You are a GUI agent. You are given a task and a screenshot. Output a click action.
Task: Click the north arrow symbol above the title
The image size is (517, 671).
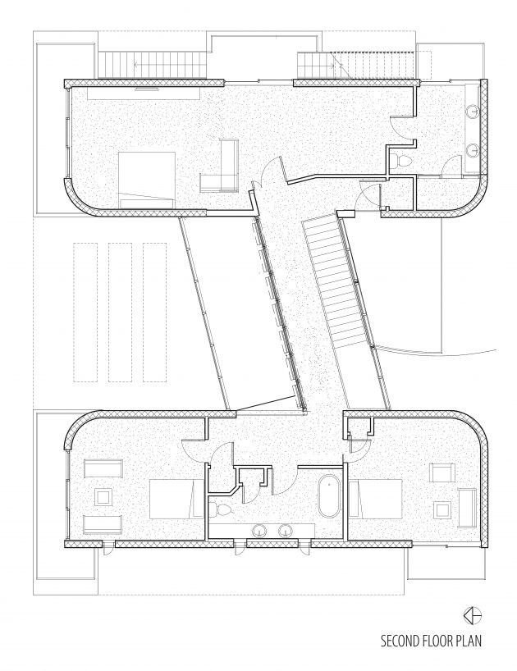pyautogui.click(x=472, y=615)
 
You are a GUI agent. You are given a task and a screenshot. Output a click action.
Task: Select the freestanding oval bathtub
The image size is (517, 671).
pyautogui.click(x=329, y=496)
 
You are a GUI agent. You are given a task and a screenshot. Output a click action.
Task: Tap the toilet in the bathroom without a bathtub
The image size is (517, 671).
pyautogui.click(x=400, y=161)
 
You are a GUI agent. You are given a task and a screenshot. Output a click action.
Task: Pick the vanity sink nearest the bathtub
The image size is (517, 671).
pyautogui.click(x=285, y=531)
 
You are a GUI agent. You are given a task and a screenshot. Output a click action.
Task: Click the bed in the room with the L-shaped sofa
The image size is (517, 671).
pyautogui.click(x=147, y=180)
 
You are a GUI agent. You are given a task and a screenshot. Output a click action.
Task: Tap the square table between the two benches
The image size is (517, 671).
pyautogui.click(x=103, y=497)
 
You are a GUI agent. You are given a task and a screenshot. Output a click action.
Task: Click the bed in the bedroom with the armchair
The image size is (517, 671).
pyautogui.click(x=376, y=499)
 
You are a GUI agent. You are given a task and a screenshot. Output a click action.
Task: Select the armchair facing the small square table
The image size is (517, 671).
pyautogui.click(x=443, y=474)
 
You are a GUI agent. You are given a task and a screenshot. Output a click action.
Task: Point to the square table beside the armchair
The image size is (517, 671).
pyautogui.click(x=443, y=509)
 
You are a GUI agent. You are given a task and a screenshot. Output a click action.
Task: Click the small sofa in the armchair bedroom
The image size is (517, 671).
pyautogui.click(x=467, y=508)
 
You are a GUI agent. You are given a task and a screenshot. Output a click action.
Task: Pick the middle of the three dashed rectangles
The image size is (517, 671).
pyautogui.click(x=120, y=312)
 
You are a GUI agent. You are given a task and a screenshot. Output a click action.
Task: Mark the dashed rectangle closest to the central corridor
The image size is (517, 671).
pyautogui.click(x=154, y=312)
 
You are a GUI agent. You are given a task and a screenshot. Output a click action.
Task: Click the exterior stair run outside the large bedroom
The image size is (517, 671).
pyautogui.click(x=153, y=65)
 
